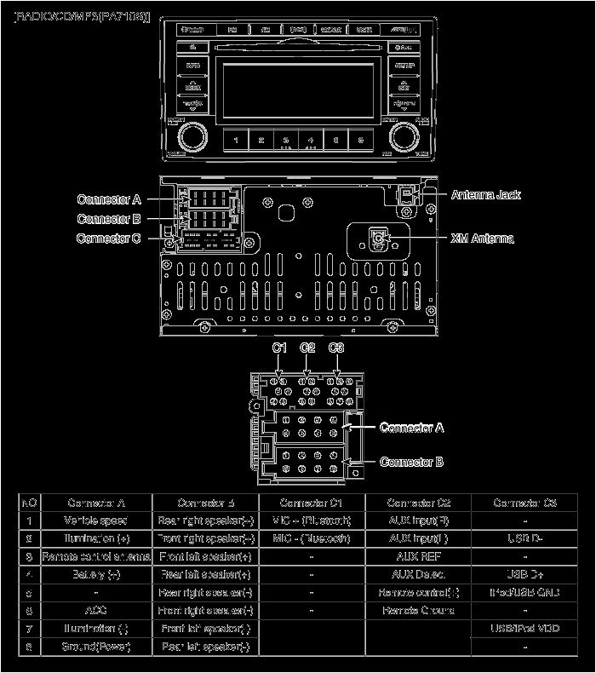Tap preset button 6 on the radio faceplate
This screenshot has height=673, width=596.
tap(361, 140)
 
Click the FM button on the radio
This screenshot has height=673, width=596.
tap(232, 31)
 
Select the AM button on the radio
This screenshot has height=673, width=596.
tap(265, 31)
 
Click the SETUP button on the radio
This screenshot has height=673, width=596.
tap(404, 65)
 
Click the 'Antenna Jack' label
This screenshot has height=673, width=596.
tap(485, 195)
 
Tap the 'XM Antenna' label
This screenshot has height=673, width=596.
tap(482, 239)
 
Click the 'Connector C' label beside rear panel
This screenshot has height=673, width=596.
tap(108, 239)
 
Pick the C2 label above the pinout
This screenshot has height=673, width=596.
tap(307, 348)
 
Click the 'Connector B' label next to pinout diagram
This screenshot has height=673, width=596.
tap(411, 462)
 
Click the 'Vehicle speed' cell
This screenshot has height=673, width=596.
tap(96, 520)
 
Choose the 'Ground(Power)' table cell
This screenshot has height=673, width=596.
tap(96, 647)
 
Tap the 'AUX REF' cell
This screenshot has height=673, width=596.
tap(418, 556)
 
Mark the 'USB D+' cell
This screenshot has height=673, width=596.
tap(525, 574)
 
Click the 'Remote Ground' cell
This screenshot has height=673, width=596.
tap(418, 611)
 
